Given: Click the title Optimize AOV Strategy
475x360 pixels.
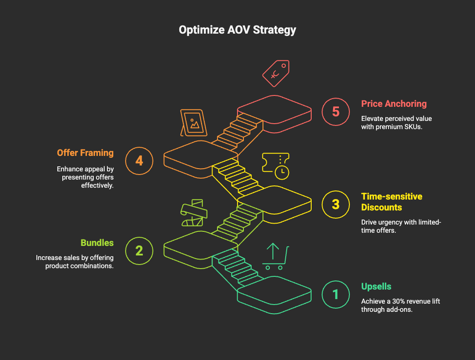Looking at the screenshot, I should tap(237, 30).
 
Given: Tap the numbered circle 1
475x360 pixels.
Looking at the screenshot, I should tap(335, 294).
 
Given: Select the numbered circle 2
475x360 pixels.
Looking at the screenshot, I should tap(139, 250).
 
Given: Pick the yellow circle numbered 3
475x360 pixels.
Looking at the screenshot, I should tap(335, 204).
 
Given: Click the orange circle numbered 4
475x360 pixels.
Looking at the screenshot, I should tap(139, 160).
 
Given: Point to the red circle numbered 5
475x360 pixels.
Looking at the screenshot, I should tap(335, 111).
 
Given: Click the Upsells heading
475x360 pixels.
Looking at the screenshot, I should tap(376, 287).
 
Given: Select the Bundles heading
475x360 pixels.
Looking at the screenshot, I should tap(97, 243).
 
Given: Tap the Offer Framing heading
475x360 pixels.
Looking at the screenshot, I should tap(85, 153).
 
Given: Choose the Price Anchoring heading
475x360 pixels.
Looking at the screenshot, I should tap(394, 104).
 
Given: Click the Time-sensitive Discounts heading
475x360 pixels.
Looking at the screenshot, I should tap(391, 202).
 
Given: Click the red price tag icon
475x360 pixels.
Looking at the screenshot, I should tap(276, 73).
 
